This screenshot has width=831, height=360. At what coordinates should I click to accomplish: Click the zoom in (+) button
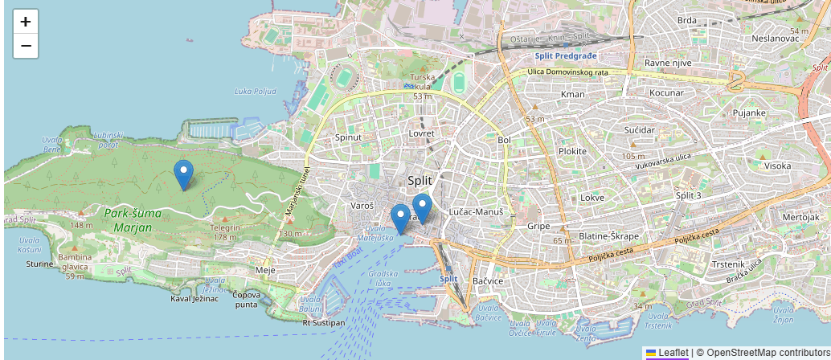tap(26, 22)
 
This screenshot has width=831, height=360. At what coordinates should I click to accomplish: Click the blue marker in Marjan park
tap(183, 174)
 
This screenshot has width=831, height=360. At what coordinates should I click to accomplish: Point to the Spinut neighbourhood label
tap(348, 137)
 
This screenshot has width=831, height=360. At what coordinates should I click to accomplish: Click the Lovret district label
tap(421, 133)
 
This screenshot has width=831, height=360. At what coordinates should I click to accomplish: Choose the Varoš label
tap(363, 206)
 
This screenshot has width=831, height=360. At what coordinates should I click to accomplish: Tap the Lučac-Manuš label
tap(476, 211)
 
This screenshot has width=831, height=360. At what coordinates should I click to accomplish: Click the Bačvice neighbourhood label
tap(488, 281)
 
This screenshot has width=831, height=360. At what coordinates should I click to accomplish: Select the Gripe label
tap(538, 226)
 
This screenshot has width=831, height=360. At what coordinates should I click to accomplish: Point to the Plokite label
tap(573, 151)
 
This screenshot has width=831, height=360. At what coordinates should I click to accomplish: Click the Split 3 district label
tap(689, 196)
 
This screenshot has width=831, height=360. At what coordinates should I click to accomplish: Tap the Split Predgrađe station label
tap(567, 55)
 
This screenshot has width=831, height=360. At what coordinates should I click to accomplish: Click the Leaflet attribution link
tap(672, 352)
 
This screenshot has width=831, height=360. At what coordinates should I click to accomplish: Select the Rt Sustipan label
tap(324, 322)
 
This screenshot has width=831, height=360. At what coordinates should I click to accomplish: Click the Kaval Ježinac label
tap(194, 298)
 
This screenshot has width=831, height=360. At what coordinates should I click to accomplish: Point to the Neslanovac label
tap(775, 38)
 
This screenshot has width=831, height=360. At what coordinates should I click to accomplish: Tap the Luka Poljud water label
tap(256, 91)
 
